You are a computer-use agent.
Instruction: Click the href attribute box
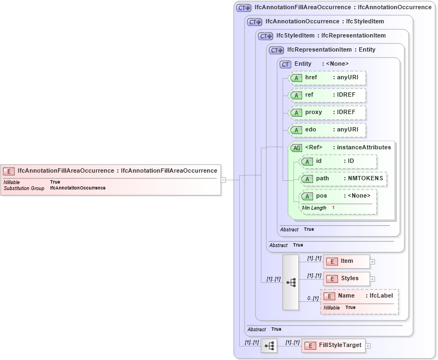tap(328, 78)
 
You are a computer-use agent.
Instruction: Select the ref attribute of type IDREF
tap(328, 95)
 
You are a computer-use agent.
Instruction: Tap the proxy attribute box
tap(328, 112)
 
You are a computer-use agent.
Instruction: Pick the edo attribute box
tap(328, 130)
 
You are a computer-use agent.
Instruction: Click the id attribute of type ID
tap(338, 161)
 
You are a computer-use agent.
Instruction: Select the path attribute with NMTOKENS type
tap(343, 179)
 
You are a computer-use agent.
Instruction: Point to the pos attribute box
tap(338, 195)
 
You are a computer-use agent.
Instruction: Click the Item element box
tap(346, 261)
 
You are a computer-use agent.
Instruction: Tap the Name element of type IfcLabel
tap(359, 296)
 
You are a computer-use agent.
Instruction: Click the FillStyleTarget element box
tap(333, 345)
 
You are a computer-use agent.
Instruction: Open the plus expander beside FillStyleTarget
tap(368, 345)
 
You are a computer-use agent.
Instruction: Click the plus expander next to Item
tap(372, 261)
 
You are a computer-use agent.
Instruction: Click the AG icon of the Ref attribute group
tap(297, 148)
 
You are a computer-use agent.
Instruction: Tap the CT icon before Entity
tap(285, 64)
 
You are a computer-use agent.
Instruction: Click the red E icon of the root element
tap(9, 171)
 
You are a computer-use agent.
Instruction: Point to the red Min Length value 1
tap(333, 208)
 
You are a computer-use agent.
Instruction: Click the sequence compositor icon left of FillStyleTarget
tap(269, 345)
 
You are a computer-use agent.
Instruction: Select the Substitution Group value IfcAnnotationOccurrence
tap(78, 188)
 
